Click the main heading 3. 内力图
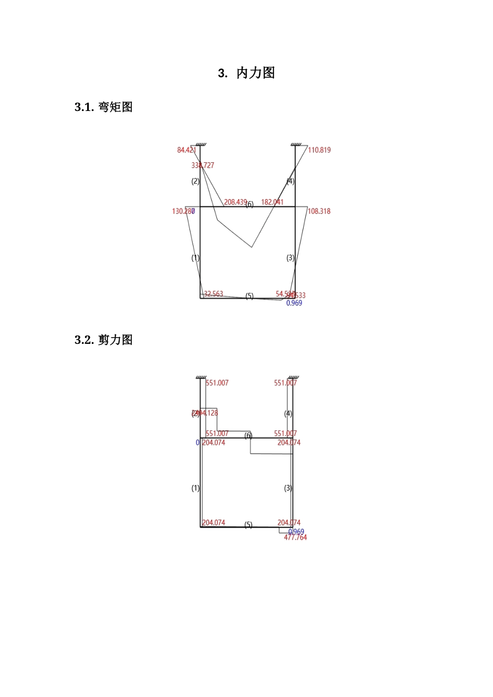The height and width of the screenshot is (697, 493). tap(246, 73)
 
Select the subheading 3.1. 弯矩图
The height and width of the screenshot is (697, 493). tap(104, 107)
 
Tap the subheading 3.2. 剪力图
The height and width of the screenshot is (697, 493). tap(104, 340)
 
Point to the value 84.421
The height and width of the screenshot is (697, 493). tap(186, 150)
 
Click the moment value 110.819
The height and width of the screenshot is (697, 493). tap(319, 150)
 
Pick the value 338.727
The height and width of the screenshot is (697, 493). tap(202, 165)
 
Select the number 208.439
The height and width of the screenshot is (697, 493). tap(235, 202)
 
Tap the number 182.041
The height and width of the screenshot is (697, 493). tap(272, 202)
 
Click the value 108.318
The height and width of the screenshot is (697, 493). tap(319, 212)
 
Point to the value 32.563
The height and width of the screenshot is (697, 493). tap(213, 294)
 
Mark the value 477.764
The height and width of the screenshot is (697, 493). tap(295, 538)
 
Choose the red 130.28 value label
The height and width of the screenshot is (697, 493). tap(182, 212)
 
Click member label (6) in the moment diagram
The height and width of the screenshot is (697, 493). tap(250, 204)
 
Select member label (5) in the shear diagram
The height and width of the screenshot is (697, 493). tap(249, 525)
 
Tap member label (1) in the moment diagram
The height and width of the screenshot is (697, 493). tap(195, 258)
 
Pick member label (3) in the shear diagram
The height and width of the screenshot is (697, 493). tap(288, 488)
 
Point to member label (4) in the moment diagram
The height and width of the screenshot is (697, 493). tap(291, 182)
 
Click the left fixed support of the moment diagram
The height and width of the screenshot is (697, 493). tap(201, 144)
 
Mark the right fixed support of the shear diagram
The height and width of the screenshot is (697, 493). tap(294, 377)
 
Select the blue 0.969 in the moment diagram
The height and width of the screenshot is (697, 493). tap(294, 303)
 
